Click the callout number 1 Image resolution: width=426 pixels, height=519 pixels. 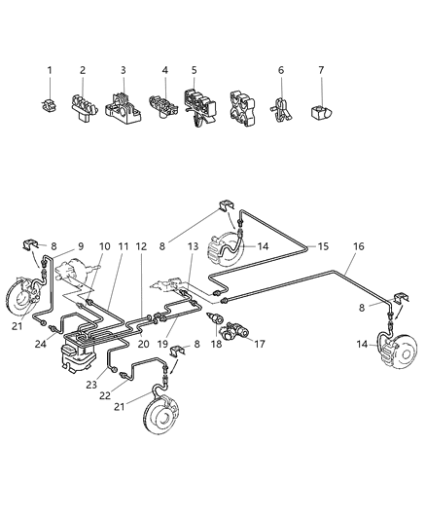click(x=49, y=70)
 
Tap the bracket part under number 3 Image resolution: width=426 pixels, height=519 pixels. click(x=123, y=103)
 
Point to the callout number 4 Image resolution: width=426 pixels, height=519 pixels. click(x=165, y=70)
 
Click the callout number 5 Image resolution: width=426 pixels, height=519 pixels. click(x=194, y=70)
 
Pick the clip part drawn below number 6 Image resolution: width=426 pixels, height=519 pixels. click(x=280, y=103)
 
